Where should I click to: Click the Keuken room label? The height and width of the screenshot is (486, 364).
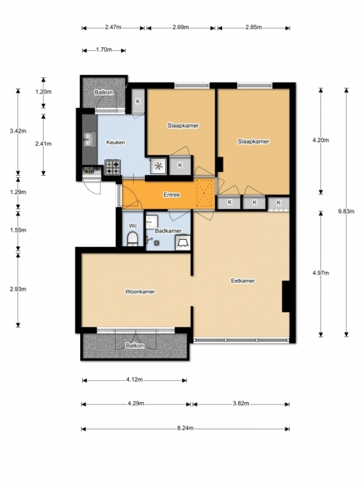pos(116,142)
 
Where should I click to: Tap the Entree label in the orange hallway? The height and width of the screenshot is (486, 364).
pos(172,195)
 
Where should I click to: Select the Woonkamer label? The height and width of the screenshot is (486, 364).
pos(140,291)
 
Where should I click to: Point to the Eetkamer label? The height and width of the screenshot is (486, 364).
pos(243,281)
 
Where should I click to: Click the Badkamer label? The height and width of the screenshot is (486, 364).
pos(168,231)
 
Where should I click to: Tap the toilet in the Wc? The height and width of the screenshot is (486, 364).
pos(132,239)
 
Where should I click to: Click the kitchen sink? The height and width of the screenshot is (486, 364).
pos(90,139)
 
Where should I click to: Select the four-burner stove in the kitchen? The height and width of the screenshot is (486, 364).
pos(112,168)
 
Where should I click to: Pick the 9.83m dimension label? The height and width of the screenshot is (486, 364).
pos(346,211)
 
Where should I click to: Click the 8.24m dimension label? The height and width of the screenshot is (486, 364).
pos(185,428)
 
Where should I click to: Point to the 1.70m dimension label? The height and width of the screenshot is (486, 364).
pos(104,50)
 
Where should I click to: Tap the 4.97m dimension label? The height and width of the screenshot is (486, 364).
pos(320,273)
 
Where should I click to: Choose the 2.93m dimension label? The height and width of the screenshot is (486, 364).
pos(18,289)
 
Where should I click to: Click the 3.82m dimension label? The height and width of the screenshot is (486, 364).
pos(241,403)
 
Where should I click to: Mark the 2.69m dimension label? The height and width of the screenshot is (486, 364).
pos(181,27)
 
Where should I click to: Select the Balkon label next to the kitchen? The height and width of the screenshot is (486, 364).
pos(104,93)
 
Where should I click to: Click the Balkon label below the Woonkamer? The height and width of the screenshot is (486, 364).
pos(135,345)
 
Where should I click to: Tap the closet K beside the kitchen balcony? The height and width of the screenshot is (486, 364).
pos(138,101)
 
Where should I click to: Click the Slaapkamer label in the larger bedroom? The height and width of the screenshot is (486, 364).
pos(253,141)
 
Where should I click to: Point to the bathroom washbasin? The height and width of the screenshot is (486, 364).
pos(152,222)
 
